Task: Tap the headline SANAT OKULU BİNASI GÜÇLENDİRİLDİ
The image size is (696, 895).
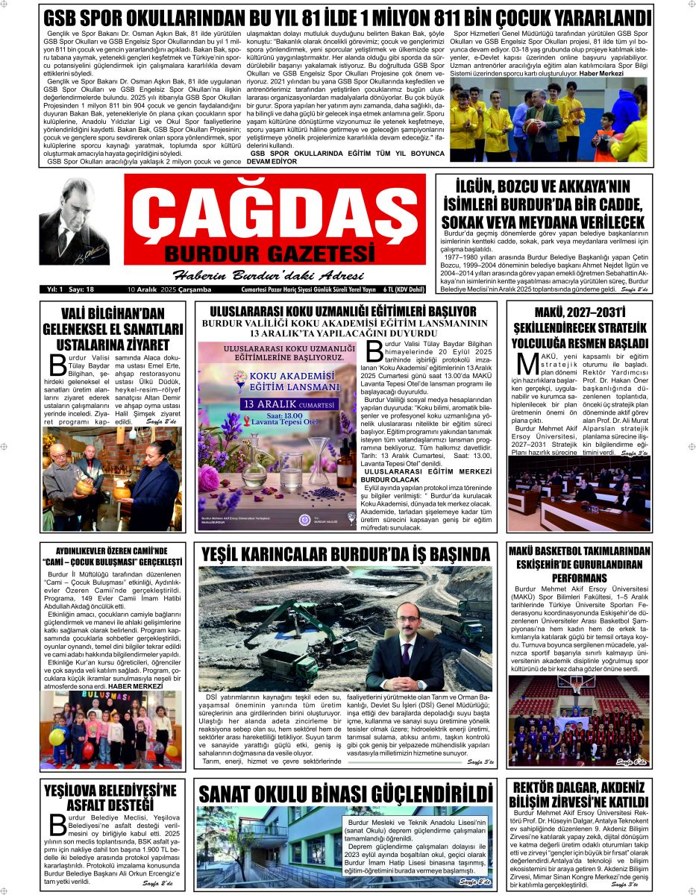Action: tap(346, 792)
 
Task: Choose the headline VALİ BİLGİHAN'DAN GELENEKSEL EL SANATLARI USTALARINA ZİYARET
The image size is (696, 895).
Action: tap(113, 329)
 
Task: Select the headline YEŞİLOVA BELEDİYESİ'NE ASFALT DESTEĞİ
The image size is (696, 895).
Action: tap(110, 797)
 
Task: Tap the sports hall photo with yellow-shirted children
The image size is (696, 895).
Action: tap(548, 120)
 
